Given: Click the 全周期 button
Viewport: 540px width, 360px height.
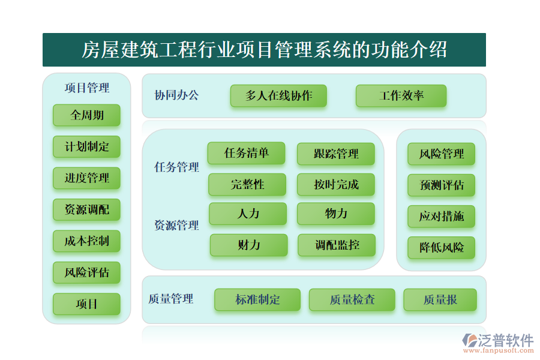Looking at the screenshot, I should click(86, 115).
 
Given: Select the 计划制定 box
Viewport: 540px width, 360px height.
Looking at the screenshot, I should click(86, 146).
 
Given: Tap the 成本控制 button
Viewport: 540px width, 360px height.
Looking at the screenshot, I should click(86, 241).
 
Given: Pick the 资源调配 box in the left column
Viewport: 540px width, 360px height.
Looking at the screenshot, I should click(86, 209).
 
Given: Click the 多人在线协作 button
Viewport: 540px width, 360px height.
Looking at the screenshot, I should click(278, 96).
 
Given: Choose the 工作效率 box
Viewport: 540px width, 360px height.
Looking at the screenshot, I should click(401, 96).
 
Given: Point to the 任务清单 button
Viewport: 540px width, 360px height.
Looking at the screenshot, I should click(246, 153).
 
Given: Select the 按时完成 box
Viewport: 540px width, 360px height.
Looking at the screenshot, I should click(335, 185).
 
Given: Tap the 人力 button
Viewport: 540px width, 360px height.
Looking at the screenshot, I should click(247, 214).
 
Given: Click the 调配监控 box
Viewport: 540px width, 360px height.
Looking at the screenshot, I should click(337, 245).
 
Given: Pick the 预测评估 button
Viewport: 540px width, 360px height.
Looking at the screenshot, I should click(442, 185).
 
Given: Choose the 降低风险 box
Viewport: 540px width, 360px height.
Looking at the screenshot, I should click(442, 247).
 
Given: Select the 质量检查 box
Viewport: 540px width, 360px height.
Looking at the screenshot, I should click(352, 299).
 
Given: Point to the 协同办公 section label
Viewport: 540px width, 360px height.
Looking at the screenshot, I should click(176, 95).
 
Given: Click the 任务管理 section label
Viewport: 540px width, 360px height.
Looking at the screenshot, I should click(176, 167).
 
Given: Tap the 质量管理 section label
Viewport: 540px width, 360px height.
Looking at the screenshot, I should click(170, 299).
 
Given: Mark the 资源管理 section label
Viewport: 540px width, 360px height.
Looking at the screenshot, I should click(176, 226).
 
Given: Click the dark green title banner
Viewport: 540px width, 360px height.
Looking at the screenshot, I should click(264, 50).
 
